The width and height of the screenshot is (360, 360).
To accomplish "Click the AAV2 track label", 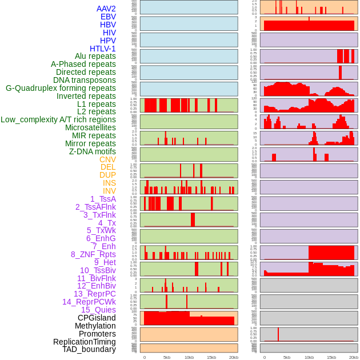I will tap(106, 9).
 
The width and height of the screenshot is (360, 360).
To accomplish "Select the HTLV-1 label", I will tap(102, 49).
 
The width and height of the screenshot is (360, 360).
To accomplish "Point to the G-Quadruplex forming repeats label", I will tap(61, 88).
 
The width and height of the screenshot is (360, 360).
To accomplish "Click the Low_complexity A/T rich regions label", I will tap(58, 119).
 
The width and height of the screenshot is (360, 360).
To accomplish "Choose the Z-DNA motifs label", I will tap(92, 151).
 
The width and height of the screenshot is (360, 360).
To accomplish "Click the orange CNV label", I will tap(107, 159).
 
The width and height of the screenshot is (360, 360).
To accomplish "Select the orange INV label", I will tap(109, 191).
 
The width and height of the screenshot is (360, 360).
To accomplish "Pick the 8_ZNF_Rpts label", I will tap(93, 254).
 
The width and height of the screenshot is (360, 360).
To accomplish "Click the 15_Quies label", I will tap(98, 310).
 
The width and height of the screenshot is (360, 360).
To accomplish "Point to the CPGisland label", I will tap(97, 318).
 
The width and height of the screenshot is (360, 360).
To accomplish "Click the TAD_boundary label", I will tap(89, 349).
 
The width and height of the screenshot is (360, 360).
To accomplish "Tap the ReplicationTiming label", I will tap(84, 342).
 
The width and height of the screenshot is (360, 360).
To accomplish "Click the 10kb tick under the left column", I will tap(189, 358).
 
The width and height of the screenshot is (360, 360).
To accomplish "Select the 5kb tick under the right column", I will tap(286, 358).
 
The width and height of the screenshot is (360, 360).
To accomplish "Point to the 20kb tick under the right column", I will tap(354, 358).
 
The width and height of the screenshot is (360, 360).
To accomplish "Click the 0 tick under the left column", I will tap(144, 358).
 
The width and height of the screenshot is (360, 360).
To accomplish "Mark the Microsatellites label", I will tap(90, 127).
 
